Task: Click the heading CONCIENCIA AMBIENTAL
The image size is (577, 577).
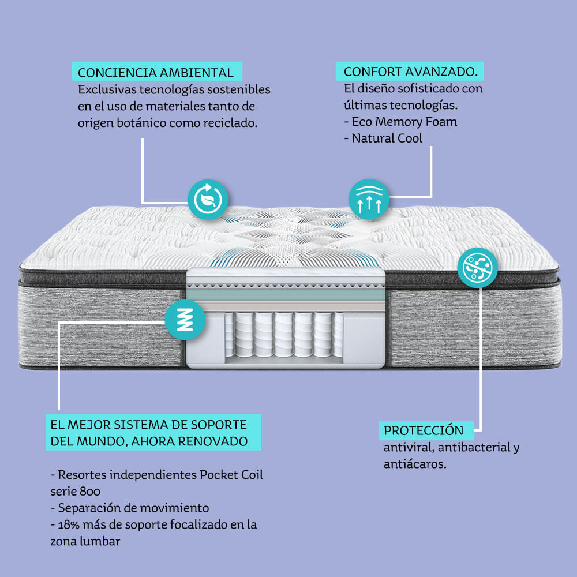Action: pos(156,73)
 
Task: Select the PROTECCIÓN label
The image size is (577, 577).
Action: pos(424,430)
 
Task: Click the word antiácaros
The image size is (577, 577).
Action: pos(414,463)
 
